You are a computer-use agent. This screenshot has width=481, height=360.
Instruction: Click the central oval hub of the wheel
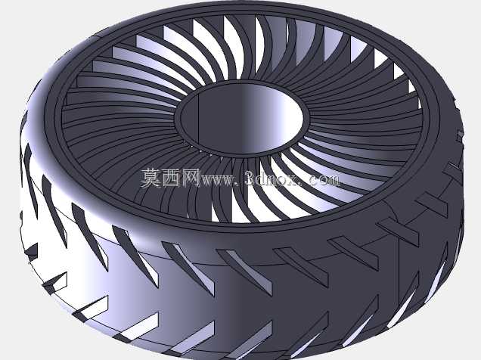click(x=241, y=118)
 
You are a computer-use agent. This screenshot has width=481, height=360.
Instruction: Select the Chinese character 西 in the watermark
click(x=171, y=178)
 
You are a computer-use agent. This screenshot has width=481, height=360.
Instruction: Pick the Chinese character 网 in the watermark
click(x=191, y=178)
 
